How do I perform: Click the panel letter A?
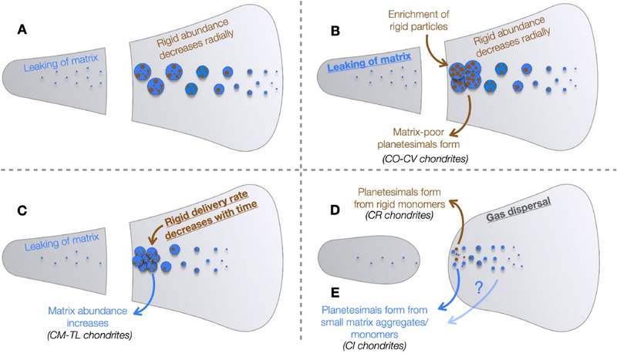point(22,29)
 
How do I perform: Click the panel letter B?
point(335,31)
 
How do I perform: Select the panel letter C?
point(22,210)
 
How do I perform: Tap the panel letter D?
point(335,210)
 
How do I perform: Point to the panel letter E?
point(335,293)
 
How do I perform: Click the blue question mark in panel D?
point(478,288)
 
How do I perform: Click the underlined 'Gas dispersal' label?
point(518,210)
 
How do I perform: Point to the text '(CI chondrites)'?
point(374,345)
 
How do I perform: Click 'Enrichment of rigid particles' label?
point(418,21)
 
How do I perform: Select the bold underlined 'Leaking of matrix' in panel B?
point(369,62)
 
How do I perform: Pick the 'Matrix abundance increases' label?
point(87,317)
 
